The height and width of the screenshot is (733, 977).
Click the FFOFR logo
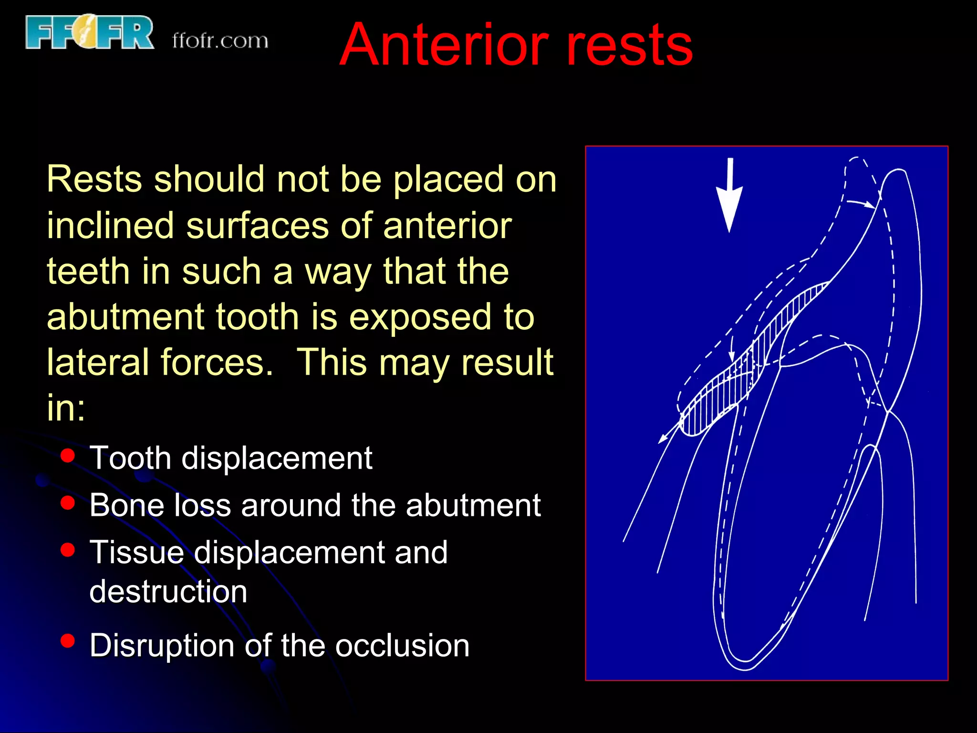pyautogui.click(x=90, y=32)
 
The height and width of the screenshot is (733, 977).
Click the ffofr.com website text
pyautogui.click(x=220, y=41)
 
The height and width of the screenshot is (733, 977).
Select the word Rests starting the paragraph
pyautogui.click(x=94, y=179)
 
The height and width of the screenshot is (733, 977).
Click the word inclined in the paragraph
pyautogui.click(x=110, y=225)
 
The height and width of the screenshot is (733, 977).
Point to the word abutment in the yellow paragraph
pyautogui.click(x=125, y=317)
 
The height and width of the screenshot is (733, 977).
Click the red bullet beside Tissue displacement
pyautogui.click(x=68, y=550)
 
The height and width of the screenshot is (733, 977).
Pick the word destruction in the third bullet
pyautogui.click(x=168, y=592)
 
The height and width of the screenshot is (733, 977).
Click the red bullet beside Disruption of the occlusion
pyautogui.click(x=68, y=641)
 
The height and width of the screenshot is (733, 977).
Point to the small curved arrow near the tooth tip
pyautogui.click(x=862, y=204)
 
